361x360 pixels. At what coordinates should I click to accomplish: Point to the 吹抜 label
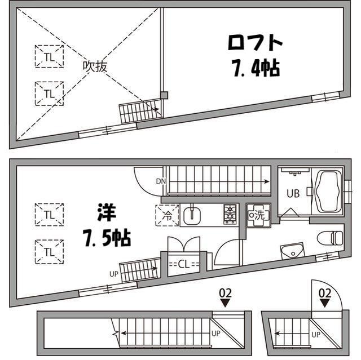tap(95, 66)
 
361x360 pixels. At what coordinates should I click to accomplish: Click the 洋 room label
tap(105, 214)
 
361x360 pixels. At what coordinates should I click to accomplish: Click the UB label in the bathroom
tap(292, 194)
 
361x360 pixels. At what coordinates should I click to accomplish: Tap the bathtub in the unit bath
tap(328, 192)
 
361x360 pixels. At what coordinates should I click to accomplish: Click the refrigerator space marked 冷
tap(168, 215)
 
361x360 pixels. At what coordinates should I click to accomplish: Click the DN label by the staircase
tap(161, 181)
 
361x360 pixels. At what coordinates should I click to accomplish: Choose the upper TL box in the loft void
tap(49, 56)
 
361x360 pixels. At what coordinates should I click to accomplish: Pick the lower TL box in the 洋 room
tap(49, 249)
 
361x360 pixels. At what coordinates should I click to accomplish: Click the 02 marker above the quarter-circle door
tap(324, 293)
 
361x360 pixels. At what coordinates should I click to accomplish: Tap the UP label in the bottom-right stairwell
tap(316, 335)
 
